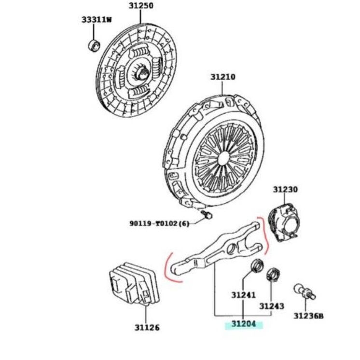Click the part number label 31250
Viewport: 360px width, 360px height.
click(140, 6)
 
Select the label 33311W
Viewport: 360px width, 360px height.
click(96, 20)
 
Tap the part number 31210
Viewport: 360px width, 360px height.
click(222, 77)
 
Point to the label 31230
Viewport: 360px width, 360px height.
click(285, 190)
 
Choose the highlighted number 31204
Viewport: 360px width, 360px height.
click(243, 324)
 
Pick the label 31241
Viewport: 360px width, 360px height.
click(243, 295)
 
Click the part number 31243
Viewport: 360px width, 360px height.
click(271, 306)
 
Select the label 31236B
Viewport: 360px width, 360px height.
click(308, 316)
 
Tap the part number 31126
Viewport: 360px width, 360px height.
click(147, 328)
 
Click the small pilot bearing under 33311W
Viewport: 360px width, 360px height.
click(94, 45)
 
